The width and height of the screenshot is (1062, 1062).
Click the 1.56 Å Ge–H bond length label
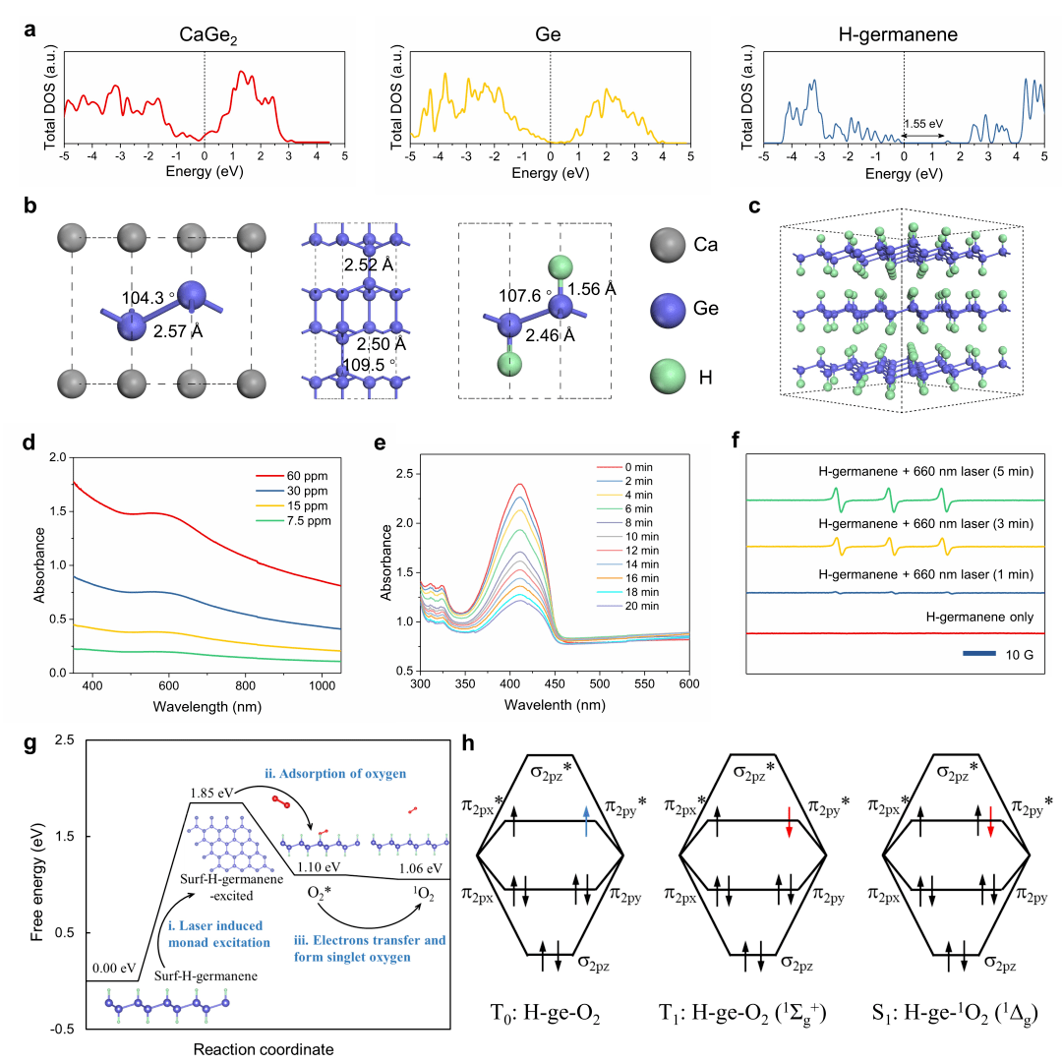(596, 289)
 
